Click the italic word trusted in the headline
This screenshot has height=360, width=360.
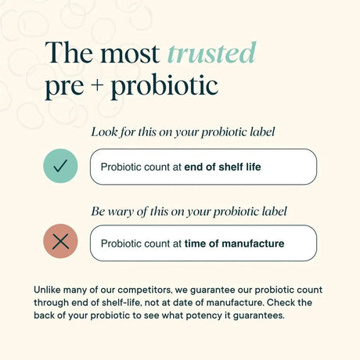[211, 53]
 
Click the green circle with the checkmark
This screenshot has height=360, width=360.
[60, 167]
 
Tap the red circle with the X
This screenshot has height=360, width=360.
[60, 243]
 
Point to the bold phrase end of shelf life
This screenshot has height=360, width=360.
[223, 167]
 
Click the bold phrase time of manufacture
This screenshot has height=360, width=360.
[234, 243]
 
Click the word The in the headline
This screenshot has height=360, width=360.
[64, 53]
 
